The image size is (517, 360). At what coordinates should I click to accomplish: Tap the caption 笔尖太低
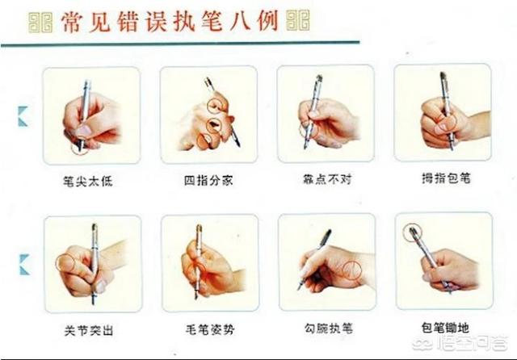coord(90,181)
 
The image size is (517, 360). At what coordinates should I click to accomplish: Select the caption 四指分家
coord(208,181)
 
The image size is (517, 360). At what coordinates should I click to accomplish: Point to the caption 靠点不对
coord(326,181)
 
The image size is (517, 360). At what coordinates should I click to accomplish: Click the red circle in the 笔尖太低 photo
coord(79,147)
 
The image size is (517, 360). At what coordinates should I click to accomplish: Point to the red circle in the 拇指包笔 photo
coord(445,122)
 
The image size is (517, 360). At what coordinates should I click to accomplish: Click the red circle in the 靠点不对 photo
coord(307,128)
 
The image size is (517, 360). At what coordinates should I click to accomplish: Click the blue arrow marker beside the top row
coord(23,117)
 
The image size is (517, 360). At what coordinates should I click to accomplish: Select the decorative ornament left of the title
coord(40,21)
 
